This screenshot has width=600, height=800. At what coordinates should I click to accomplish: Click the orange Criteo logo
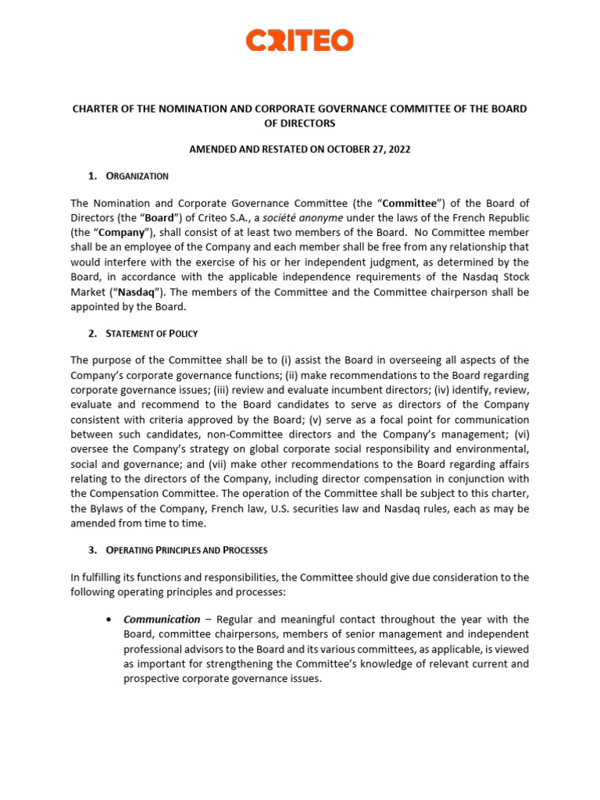(299, 41)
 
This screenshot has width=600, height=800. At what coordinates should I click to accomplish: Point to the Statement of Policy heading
(153, 334)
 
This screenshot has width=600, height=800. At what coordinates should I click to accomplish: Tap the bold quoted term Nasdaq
(137, 292)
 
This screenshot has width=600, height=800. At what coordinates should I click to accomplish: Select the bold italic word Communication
(162, 620)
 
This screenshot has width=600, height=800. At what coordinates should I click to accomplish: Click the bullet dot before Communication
(107, 620)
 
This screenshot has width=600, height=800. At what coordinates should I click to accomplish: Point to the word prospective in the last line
(152, 679)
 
